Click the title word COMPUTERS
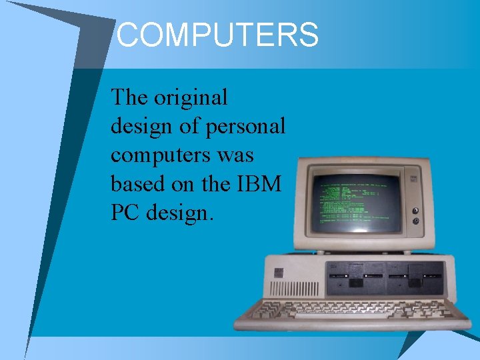pyautogui.click(x=217, y=35)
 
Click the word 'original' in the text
pyautogui.click(x=191, y=97)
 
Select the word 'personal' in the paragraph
pyautogui.click(x=246, y=126)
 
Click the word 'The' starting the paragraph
pyautogui.click(x=129, y=97)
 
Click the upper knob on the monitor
pyautogui.click(x=416, y=209)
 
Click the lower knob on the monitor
pyautogui.click(x=416, y=221)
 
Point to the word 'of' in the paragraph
pyautogui.click(x=192, y=126)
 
